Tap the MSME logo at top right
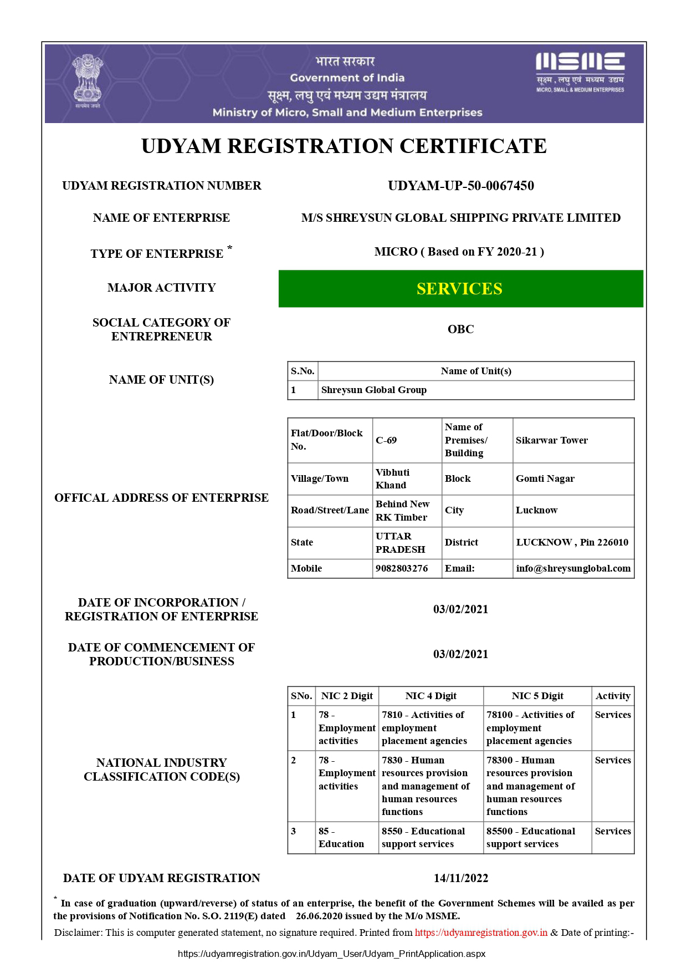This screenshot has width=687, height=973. click(x=580, y=72)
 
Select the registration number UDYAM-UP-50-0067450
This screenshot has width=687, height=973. click(x=460, y=186)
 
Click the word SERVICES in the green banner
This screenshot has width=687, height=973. click(x=459, y=289)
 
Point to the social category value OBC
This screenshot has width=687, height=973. click(x=460, y=329)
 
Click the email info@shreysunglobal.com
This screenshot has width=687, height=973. click(x=573, y=568)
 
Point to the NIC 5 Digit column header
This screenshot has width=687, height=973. click(x=537, y=696)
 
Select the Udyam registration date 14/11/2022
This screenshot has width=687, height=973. click(x=460, y=878)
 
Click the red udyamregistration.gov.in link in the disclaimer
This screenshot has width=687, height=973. click(x=481, y=933)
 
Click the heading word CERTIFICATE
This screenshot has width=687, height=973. click(x=473, y=146)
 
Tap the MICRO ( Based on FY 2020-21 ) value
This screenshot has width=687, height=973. click(x=459, y=252)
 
